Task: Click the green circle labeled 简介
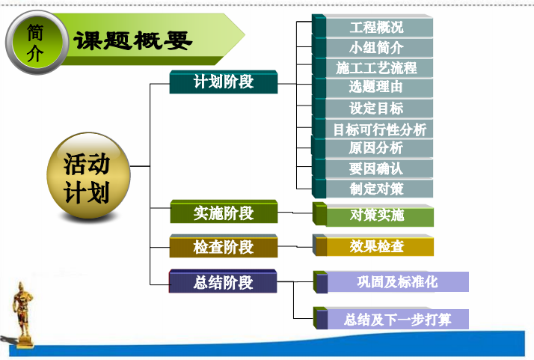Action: point(37,43)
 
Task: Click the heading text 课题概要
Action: point(133,41)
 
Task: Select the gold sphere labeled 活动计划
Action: point(88,175)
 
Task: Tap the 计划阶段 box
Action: point(224,82)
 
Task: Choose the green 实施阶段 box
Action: point(224,212)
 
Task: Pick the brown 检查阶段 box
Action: point(224,246)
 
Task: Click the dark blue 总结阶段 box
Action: point(223,281)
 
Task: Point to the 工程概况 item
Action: point(372,27)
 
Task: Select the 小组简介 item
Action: point(372,48)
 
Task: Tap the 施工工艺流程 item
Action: point(372,67)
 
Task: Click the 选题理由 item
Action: point(372,88)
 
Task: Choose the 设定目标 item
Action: point(372,108)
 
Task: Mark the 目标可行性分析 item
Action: point(372,129)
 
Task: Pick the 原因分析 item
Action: point(372,148)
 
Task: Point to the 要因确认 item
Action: point(372,168)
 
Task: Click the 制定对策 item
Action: point(372,188)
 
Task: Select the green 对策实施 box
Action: point(373,215)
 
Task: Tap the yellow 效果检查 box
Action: point(373,245)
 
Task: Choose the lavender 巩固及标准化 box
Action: point(391,282)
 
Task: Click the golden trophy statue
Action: point(23,314)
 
